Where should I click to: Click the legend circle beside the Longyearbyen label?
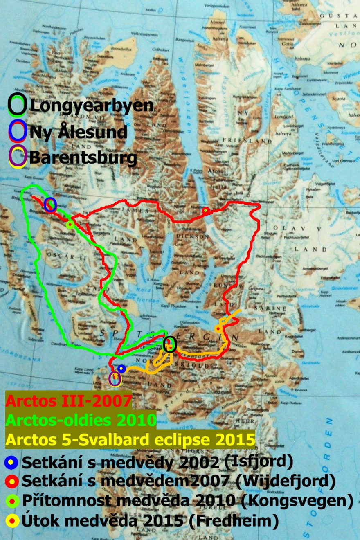coord(19,105)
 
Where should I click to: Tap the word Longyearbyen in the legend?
coord(92,106)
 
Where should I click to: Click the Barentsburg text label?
coord(83,157)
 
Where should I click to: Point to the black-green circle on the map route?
coord(169,344)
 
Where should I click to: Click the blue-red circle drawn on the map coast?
coord(50,204)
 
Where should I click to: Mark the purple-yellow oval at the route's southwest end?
coord(115,379)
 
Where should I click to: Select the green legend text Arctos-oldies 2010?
coord(81,420)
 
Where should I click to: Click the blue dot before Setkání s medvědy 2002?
coord(11,462)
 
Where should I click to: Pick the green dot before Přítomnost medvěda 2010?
coord(11,501)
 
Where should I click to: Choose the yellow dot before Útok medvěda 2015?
coord(11,521)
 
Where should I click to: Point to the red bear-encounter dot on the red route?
coord(206,210)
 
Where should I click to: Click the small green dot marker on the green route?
coord(70,224)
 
